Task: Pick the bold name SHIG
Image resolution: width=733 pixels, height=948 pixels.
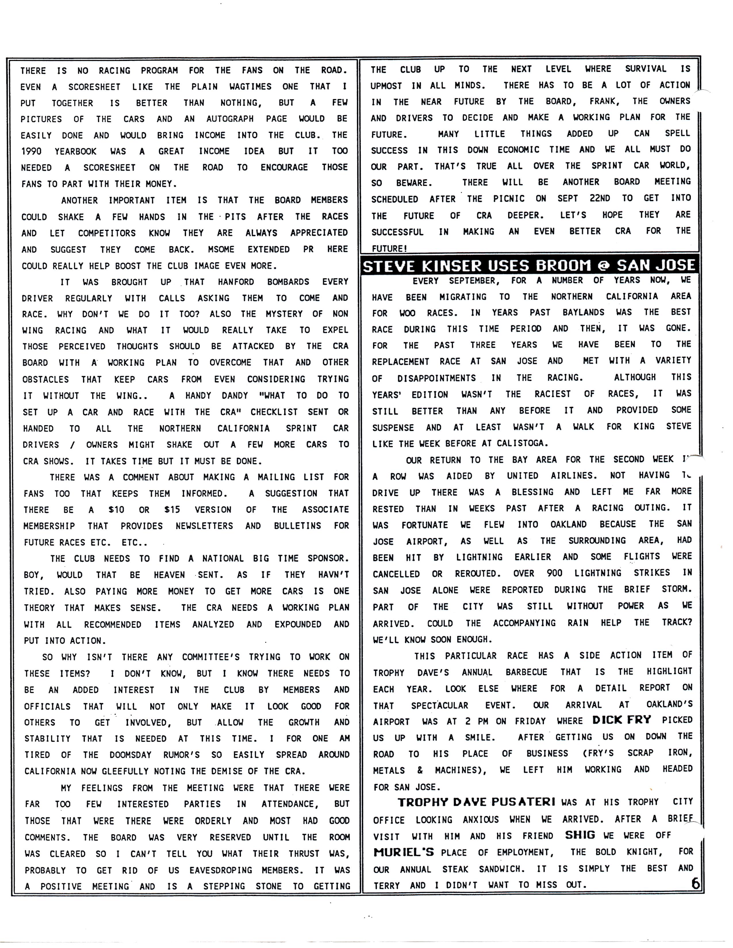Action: (580, 835)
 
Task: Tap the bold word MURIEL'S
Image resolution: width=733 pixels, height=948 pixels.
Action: (403, 852)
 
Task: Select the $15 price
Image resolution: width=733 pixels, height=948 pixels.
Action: (172, 510)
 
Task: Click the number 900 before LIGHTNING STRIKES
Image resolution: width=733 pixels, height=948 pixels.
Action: (554, 573)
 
